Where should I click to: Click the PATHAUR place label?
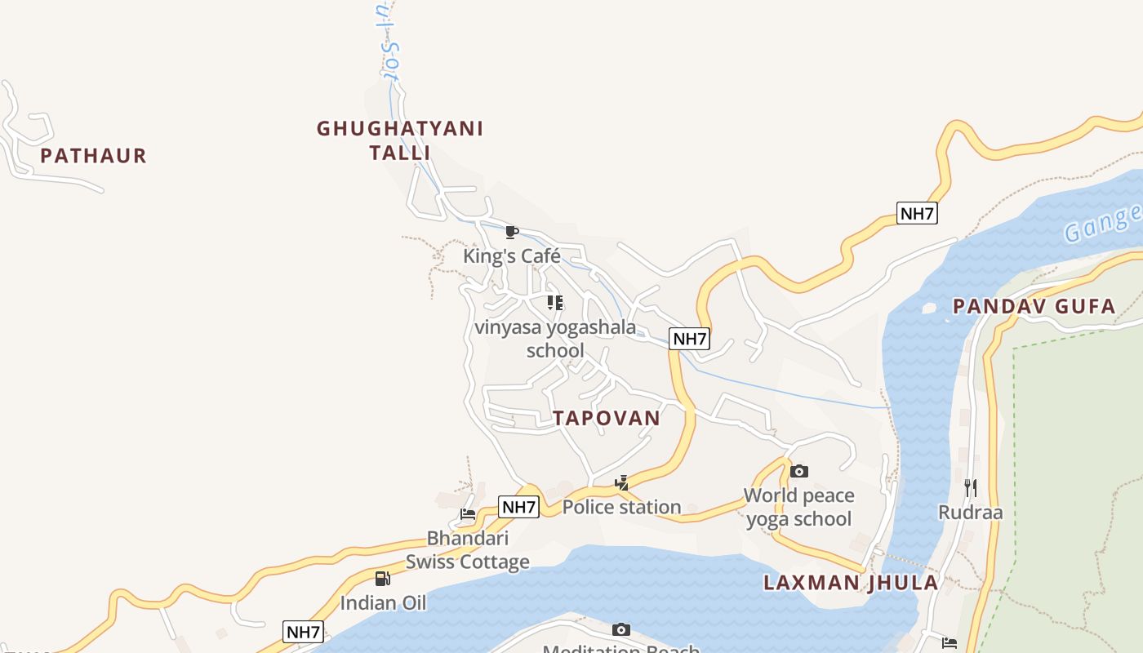pyautogui.click(x=93, y=156)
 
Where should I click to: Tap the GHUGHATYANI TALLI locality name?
pyautogui.click(x=400, y=140)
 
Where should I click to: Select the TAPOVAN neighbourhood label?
pyautogui.click(x=606, y=419)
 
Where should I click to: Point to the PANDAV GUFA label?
pyautogui.click(x=1034, y=307)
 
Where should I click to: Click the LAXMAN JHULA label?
pyautogui.click(x=851, y=583)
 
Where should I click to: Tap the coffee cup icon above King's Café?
pyautogui.click(x=512, y=233)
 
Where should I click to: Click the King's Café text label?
pyautogui.click(x=512, y=256)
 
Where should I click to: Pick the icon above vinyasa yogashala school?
pyautogui.click(x=555, y=304)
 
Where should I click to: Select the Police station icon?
pyautogui.click(x=622, y=483)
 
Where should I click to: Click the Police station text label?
pyautogui.click(x=622, y=507)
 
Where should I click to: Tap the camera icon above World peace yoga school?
pyautogui.click(x=799, y=472)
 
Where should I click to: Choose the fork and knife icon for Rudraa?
pyautogui.click(x=970, y=488)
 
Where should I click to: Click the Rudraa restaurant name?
pyautogui.click(x=970, y=513)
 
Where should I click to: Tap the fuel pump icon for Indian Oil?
pyautogui.click(x=382, y=579)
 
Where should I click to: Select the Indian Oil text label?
pyautogui.click(x=383, y=603)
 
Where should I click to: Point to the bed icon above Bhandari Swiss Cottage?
pyautogui.click(x=468, y=514)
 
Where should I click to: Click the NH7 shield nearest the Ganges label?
pyautogui.click(x=917, y=214)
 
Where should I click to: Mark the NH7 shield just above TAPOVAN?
pyautogui.click(x=689, y=339)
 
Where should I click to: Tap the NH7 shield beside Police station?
pyautogui.click(x=519, y=507)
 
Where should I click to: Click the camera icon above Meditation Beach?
pyautogui.click(x=621, y=629)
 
